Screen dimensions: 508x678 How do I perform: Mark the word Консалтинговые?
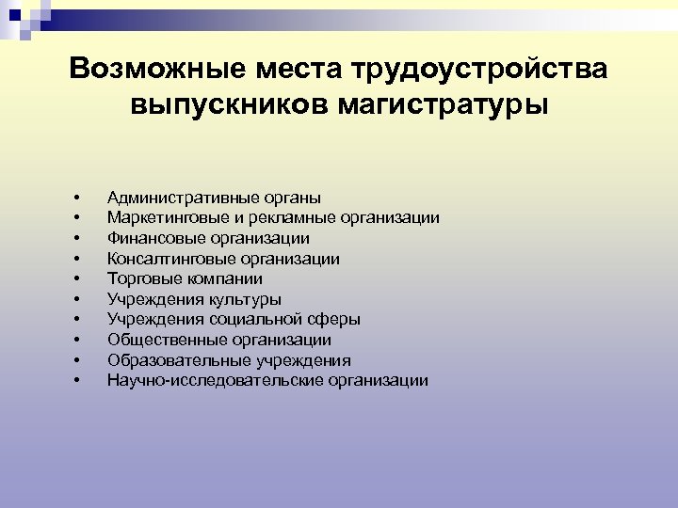point(164,259)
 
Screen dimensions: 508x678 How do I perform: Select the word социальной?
point(262,320)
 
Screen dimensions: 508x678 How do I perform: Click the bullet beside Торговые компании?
point(74,279)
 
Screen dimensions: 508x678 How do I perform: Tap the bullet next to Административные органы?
point(74,198)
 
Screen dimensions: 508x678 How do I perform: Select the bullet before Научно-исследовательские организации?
point(74,380)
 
